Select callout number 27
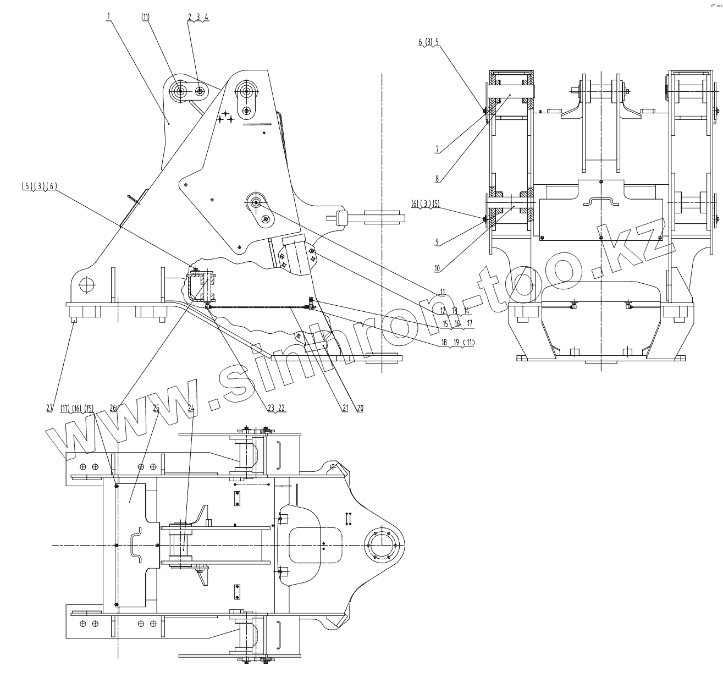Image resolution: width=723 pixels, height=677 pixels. [x=49, y=408]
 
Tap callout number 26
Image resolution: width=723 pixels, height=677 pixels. [x=113, y=408]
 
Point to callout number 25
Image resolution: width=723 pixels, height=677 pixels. [x=156, y=408]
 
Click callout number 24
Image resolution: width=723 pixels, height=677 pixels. [x=191, y=408]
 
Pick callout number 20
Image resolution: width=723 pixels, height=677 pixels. [x=360, y=408]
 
